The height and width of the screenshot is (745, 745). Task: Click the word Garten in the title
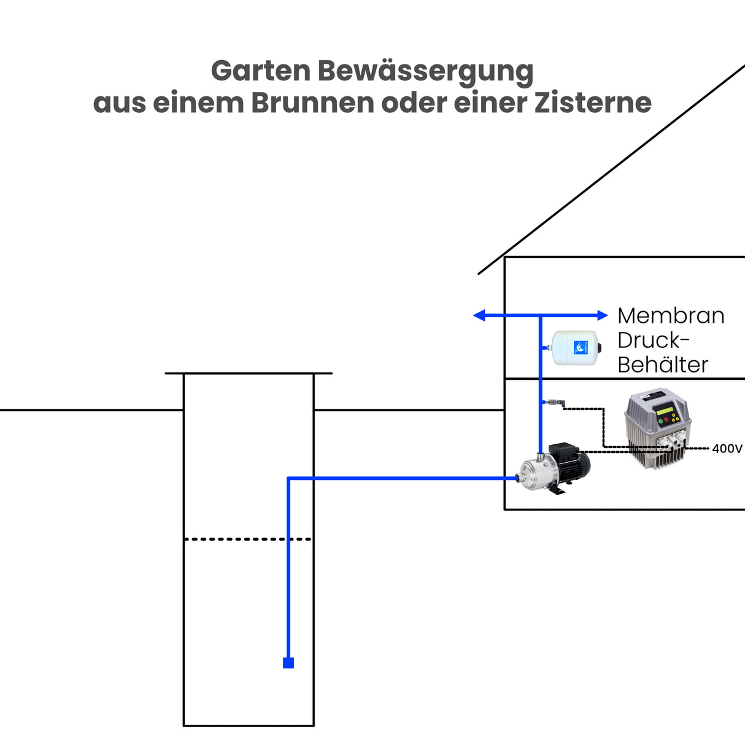coord(261,72)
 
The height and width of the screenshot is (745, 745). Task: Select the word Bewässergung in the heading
coord(425,72)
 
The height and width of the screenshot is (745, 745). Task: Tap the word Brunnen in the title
coord(312,102)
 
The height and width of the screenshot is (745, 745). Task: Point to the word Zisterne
coord(593,102)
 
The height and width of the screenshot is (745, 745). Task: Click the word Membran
coord(671,315)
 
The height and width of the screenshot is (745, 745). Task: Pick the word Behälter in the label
coord(663,365)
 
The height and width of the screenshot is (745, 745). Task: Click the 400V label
coord(727,449)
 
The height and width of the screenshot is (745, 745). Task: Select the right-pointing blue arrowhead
coord(602,315)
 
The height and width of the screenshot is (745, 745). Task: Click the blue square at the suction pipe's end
coord(288,663)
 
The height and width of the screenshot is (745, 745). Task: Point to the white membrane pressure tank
coord(574,348)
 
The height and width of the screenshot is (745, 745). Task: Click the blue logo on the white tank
coord(581,348)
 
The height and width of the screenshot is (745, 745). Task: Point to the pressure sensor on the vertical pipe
coord(558,403)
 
